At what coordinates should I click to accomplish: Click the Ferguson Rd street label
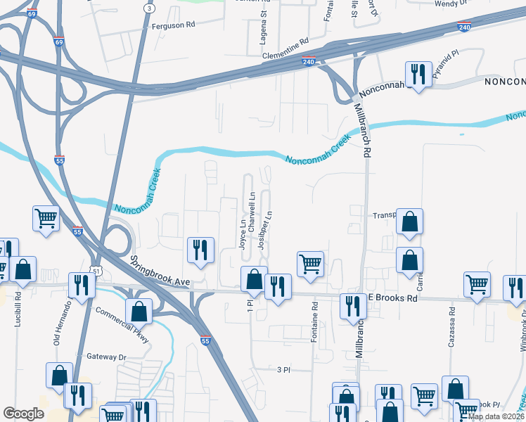pos(172,26)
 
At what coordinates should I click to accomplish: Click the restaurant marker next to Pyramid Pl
pos(418,73)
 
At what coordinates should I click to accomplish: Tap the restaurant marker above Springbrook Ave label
pos(200,250)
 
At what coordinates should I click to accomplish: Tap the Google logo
pos(23,414)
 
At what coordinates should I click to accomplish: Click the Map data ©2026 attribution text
pos(496,416)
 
